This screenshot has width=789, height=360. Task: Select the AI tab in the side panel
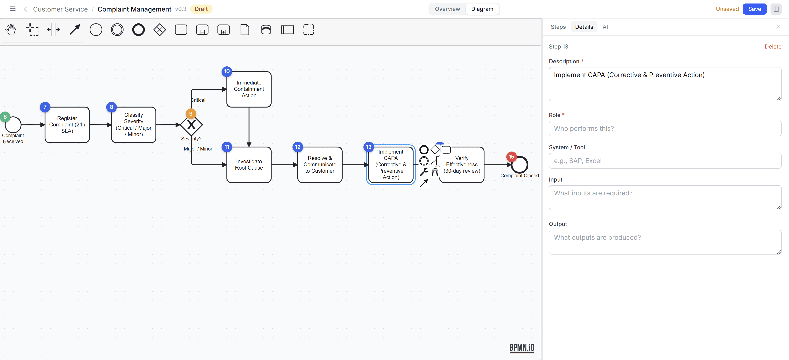click(605, 27)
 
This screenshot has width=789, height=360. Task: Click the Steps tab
click(558, 27)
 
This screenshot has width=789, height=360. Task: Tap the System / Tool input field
click(665, 161)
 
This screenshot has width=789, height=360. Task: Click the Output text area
click(665, 242)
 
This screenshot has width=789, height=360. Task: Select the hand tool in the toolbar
click(11, 30)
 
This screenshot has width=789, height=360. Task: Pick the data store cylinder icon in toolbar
click(266, 30)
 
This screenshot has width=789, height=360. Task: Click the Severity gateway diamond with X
click(191, 125)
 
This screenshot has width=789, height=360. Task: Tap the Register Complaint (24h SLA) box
click(67, 125)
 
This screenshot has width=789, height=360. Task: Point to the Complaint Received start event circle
click(13, 125)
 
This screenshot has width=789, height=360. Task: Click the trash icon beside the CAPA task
click(435, 172)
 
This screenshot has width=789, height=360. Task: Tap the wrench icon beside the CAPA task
click(424, 172)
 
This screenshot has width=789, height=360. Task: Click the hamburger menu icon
click(13, 9)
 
